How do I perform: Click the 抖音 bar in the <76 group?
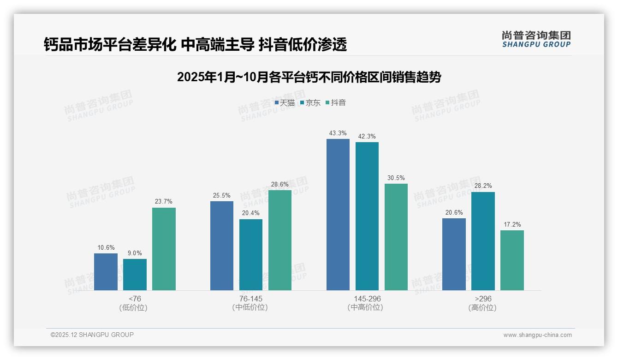pos(164,249)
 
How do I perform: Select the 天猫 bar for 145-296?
pos(338,215)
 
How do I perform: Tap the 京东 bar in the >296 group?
pos(483,241)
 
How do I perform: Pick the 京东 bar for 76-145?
pos(251,255)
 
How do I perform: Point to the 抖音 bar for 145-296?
pos(396,237)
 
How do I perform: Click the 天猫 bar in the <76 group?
pos(106,272)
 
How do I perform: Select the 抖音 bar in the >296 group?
pos(512,260)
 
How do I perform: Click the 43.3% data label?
pos(338,133)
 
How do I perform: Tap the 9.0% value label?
pos(135,253)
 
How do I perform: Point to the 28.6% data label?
pos(280,184)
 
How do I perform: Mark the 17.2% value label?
pos(512,225)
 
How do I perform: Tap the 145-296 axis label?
pos(367,299)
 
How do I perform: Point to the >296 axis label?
pos(483,299)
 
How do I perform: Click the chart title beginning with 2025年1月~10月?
pos(309,77)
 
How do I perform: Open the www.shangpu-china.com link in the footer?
pos(537,335)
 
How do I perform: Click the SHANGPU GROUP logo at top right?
pos(536,39)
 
